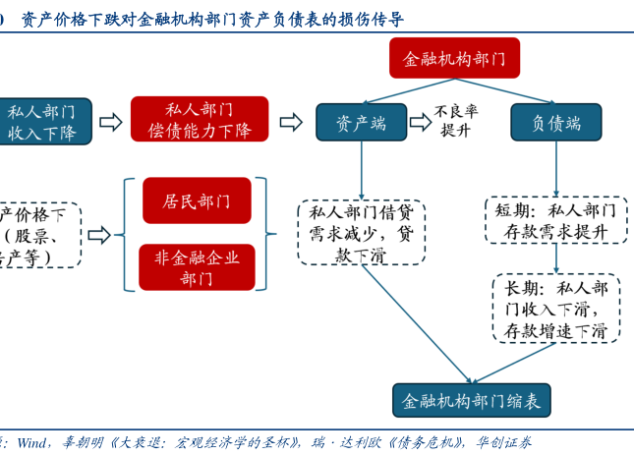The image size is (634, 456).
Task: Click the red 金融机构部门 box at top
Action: coord(454,59)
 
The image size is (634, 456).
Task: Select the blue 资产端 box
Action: coord(361,123)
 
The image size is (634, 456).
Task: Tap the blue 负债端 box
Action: coord(556,123)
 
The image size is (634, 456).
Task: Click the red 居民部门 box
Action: coord(197,200)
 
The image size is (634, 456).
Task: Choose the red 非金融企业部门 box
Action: coord(197,267)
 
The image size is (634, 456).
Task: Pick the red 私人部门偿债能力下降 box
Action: coord(200,120)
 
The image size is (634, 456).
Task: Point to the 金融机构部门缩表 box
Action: coord(472,401)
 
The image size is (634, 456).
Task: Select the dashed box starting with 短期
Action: coord(556,221)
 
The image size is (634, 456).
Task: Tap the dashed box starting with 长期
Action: coord(556,309)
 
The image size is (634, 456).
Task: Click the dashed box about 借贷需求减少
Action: coord(361,233)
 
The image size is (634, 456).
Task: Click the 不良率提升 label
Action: coord(456,120)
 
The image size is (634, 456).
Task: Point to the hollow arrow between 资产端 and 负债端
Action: coord(421,122)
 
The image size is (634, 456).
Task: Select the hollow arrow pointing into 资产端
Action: coord(291,122)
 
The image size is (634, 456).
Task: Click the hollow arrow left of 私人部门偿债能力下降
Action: coord(111,122)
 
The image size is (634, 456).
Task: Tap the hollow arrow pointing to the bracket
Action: coord(99,235)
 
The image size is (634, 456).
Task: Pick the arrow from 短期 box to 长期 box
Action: coord(556,258)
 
